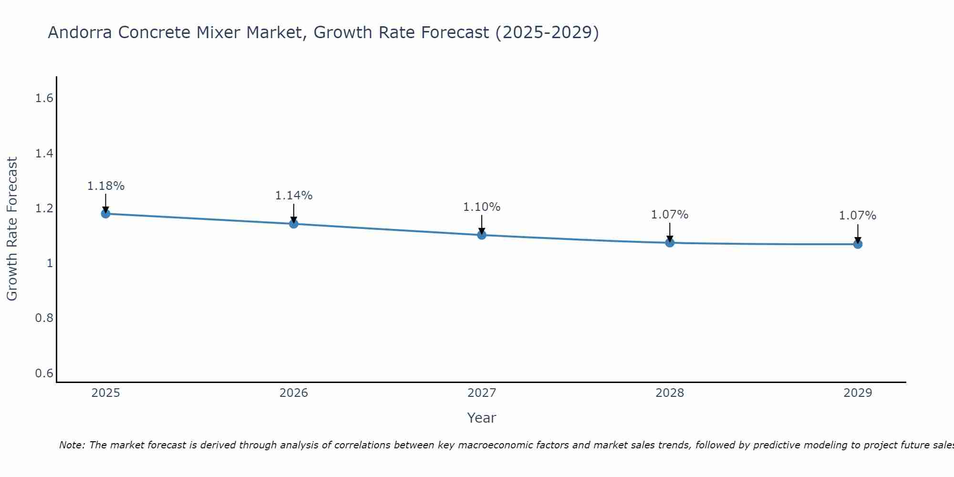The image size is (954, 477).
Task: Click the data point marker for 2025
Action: (x=105, y=214)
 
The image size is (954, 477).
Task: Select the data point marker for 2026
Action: (x=294, y=224)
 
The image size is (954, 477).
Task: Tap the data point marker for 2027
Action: (x=482, y=235)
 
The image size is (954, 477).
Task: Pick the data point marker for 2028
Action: (x=670, y=243)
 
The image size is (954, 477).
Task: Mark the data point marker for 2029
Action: (x=858, y=244)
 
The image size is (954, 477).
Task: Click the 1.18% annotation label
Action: (x=105, y=186)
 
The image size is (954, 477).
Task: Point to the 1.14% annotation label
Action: (x=294, y=196)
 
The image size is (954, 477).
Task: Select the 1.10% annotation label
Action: (x=482, y=207)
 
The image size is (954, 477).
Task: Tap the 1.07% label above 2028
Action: (x=670, y=215)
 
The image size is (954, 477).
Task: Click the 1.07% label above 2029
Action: (x=858, y=216)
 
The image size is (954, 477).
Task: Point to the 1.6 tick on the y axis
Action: (x=44, y=99)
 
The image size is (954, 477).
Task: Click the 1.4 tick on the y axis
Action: (x=44, y=154)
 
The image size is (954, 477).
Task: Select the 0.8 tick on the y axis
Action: (x=44, y=318)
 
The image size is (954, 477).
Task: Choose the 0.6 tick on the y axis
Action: (x=44, y=373)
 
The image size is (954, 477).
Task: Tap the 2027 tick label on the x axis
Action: (x=482, y=393)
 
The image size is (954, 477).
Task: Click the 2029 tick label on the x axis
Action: (x=858, y=393)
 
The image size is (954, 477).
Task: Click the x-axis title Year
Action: (x=482, y=418)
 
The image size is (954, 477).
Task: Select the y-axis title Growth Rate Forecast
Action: (x=12, y=229)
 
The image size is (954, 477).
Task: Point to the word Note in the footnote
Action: (x=72, y=445)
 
